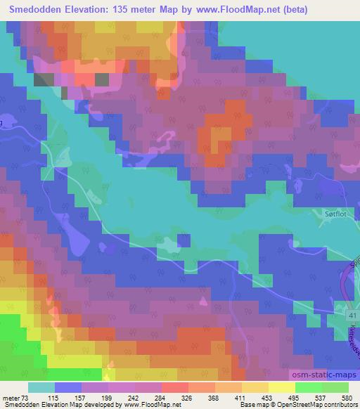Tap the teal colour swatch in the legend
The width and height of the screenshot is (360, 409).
[x=41, y=387]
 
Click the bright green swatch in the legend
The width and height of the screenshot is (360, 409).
[x=309, y=387]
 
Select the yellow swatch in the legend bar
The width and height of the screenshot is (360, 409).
[x=282, y=387]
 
